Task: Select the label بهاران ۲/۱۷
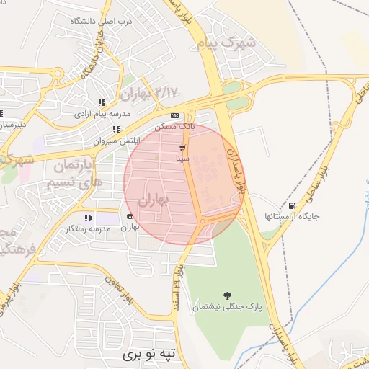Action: point(148,93)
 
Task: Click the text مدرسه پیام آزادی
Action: point(102,115)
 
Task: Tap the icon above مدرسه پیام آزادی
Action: point(102,102)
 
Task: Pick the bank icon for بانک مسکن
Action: point(174,115)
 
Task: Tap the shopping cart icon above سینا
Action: point(182,147)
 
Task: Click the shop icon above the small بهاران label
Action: point(130,215)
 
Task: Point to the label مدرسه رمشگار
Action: point(88,228)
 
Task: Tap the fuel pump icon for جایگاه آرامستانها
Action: point(291,203)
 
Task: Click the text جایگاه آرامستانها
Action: point(292,215)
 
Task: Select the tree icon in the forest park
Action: point(228,295)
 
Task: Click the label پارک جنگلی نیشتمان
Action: point(226,308)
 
